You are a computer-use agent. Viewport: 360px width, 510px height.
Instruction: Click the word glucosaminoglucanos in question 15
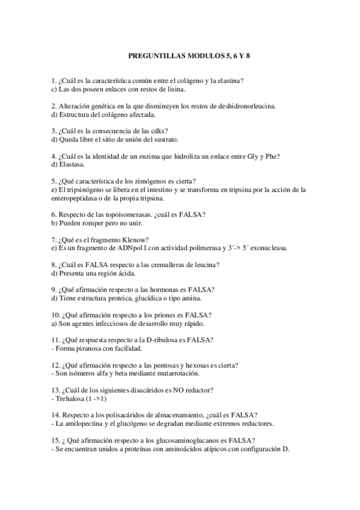click(188, 440)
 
